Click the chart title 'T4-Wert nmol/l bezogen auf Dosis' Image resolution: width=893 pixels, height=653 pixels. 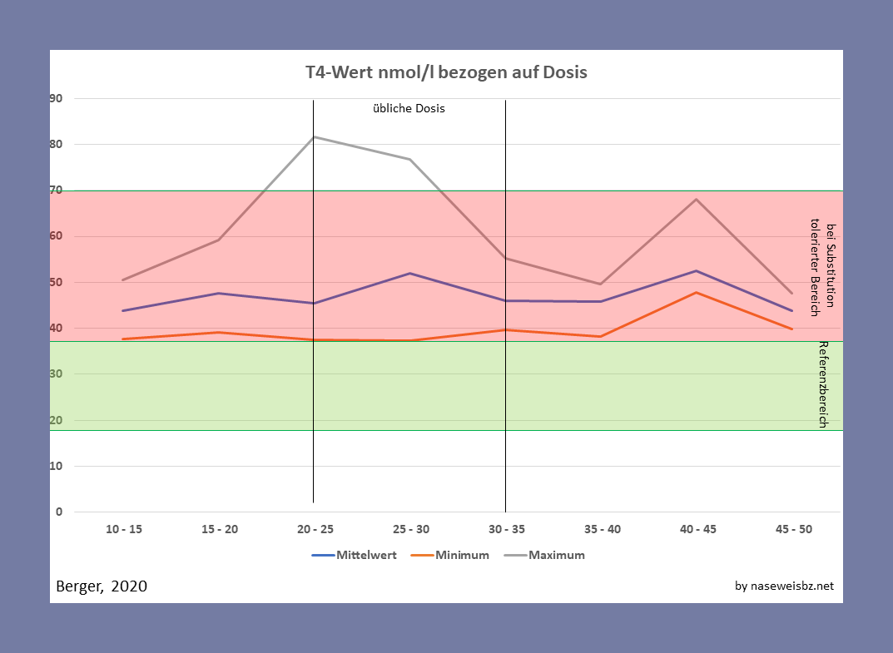[x=446, y=72]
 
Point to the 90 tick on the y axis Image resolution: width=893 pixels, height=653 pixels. [x=57, y=98]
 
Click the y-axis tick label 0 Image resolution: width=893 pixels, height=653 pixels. [x=59, y=512]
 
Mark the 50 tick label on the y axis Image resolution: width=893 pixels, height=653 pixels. [x=57, y=282]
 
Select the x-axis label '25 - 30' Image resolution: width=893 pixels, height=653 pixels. [x=410, y=529]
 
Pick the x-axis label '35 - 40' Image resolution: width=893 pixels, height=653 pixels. [x=601, y=529]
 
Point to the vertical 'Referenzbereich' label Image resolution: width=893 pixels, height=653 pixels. [x=822, y=384]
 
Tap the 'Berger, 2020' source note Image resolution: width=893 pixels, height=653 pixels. [x=102, y=586]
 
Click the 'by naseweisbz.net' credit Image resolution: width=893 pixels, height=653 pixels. [x=784, y=586]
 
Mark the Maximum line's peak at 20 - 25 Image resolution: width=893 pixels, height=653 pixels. [x=315, y=136]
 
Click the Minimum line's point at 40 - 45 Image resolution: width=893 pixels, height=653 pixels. [x=696, y=292]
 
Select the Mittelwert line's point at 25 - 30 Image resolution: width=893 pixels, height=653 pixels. [x=410, y=273]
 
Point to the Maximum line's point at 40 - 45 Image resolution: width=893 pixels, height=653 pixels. [x=696, y=199]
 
